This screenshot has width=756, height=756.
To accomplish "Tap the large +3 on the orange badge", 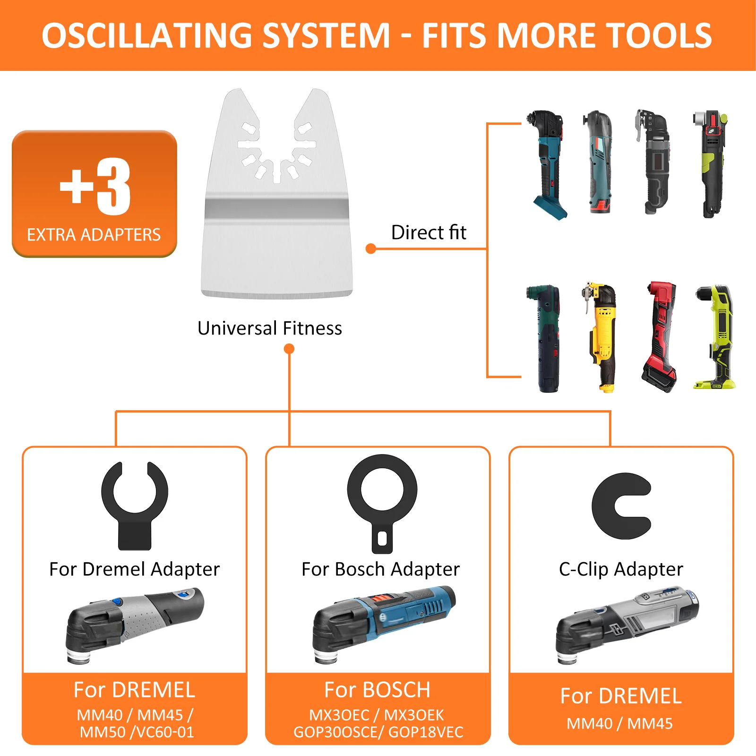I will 95,187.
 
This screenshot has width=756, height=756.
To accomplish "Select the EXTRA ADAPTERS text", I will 94,235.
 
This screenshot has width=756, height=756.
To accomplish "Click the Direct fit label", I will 429,232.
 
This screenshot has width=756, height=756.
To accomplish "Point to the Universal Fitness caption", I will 269,328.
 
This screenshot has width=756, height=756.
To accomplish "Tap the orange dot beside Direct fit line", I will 371,249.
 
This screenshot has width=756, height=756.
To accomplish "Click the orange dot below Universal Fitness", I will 289,349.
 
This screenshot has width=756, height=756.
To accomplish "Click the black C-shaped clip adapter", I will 619,506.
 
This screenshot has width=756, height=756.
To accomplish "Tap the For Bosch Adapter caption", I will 380,569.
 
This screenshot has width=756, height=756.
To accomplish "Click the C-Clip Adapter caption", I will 621,569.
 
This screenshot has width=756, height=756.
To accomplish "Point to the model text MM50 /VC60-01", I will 137,732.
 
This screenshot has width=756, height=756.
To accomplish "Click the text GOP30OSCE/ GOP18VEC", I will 378,732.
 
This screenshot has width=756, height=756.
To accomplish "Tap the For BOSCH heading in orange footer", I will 377,690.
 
